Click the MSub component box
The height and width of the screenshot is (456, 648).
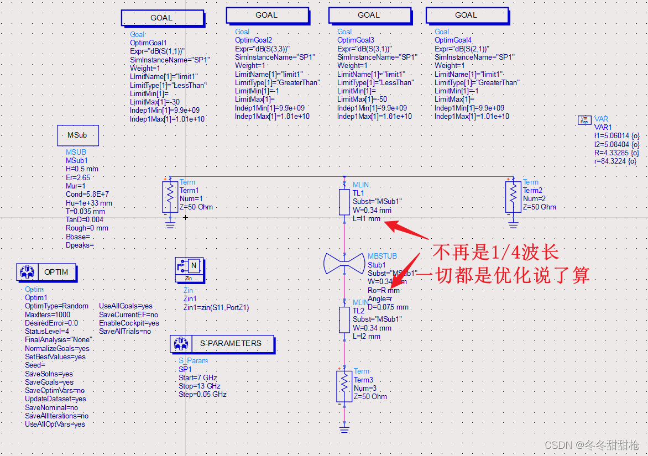coord(78,135)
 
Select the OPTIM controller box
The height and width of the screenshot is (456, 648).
coord(46,272)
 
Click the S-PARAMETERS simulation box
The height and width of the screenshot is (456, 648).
coord(222,344)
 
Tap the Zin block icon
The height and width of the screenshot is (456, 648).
coord(190,269)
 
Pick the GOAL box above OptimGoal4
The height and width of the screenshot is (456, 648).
coord(467,15)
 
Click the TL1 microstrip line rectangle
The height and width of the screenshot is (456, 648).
coord(344,202)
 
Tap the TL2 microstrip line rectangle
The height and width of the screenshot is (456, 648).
coord(344,319)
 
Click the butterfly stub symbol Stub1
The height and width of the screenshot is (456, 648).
coord(344,264)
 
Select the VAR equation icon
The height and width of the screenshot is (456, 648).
coord(584,119)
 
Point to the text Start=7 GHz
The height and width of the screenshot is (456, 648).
coord(198,378)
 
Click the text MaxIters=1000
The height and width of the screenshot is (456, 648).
coord(48,315)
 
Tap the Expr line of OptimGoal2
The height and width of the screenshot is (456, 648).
coord(262,49)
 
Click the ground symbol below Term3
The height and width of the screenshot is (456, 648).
coord(344,428)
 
